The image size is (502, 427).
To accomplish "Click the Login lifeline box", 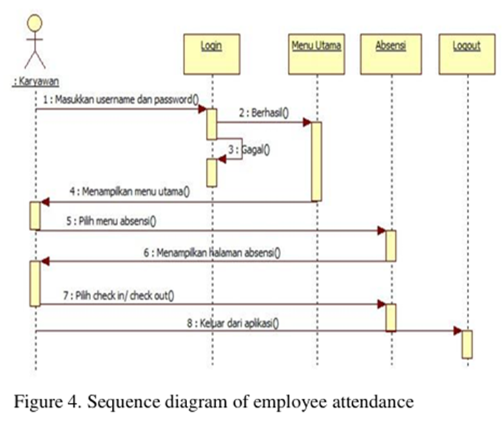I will [x=211, y=54].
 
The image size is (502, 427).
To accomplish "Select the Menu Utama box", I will [x=316, y=54].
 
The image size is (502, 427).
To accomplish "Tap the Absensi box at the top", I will [x=390, y=54].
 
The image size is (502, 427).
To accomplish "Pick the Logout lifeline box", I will [x=466, y=54].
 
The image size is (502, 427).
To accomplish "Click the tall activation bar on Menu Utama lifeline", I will [x=316, y=161].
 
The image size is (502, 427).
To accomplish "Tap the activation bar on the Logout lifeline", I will [x=467, y=344].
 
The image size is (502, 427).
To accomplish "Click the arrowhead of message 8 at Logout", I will [x=458, y=331].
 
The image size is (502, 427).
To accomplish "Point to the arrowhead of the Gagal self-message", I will [x=221, y=159].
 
